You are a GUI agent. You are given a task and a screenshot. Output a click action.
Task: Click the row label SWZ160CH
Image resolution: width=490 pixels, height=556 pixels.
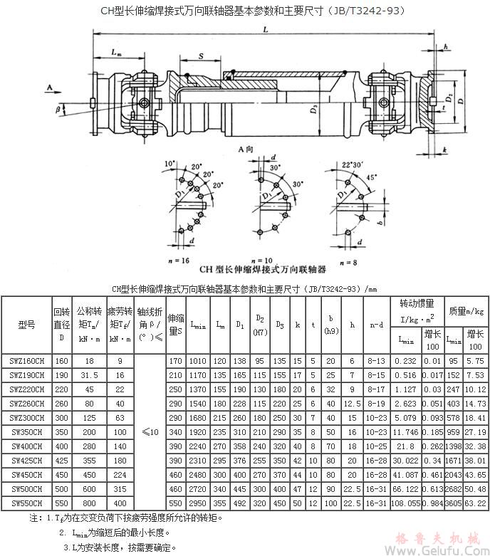[x=26, y=361]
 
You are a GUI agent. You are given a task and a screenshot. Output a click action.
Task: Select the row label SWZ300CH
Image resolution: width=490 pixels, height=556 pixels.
[x=26, y=418]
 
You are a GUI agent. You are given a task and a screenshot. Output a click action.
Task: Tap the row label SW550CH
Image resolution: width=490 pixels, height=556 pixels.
[x=26, y=503]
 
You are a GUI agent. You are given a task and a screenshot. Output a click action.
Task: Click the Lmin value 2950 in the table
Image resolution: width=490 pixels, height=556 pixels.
[x=199, y=503]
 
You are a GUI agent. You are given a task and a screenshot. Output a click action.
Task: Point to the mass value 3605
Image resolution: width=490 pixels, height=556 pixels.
[x=453, y=503]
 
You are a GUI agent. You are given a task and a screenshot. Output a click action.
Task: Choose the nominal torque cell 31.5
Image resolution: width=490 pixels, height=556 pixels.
[x=90, y=375]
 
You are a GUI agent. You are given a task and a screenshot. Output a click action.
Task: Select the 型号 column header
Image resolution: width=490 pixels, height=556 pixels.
[x=26, y=325]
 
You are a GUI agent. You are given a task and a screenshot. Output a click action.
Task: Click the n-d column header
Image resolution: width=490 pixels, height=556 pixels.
[x=377, y=325]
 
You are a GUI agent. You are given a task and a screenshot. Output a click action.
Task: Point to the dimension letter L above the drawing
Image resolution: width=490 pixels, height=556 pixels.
[x=265, y=30]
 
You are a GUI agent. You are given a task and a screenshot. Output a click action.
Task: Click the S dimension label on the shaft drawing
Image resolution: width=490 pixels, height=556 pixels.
[x=202, y=55]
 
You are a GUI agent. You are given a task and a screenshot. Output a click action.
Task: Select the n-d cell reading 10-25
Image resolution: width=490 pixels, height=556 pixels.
[x=377, y=446]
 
